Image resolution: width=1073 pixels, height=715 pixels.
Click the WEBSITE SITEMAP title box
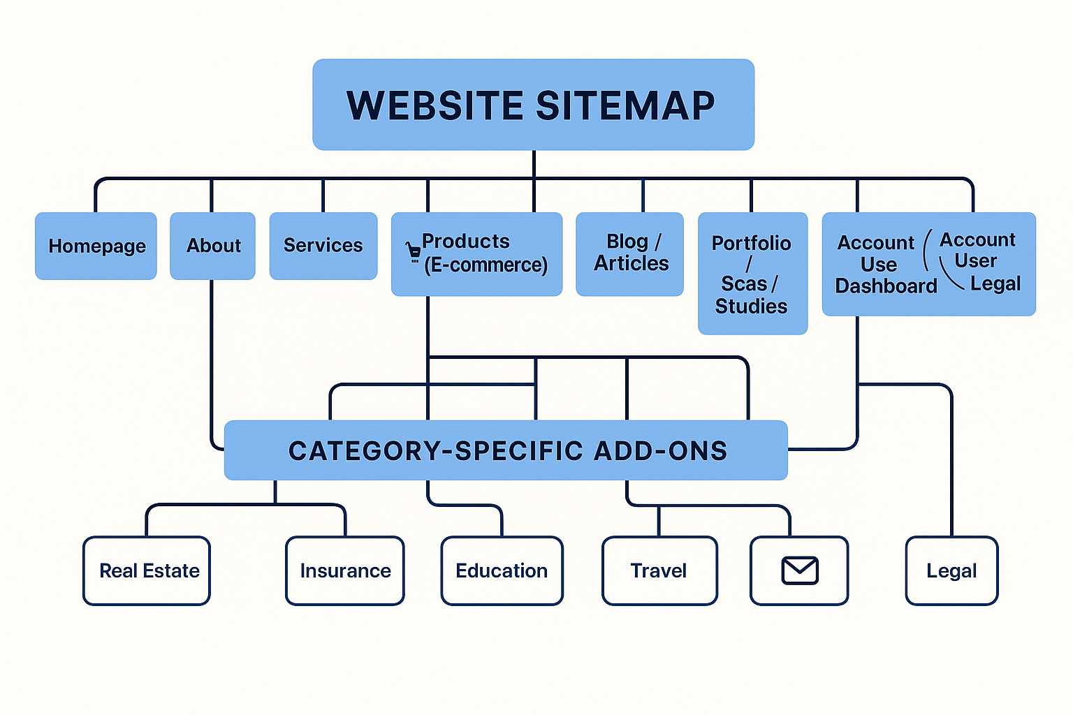tap(533, 105)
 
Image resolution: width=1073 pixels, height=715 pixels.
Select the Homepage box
tap(96, 246)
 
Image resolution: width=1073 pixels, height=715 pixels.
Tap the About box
tap(212, 246)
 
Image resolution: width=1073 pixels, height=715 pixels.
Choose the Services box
tap(323, 246)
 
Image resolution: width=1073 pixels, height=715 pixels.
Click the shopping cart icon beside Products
tap(414, 251)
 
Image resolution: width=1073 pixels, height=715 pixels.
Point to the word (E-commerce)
tap(486, 265)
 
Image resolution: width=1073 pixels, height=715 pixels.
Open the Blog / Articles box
tap(629, 253)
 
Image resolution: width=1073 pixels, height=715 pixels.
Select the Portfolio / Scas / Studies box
tap(752, 274)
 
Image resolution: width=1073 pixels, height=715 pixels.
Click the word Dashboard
tap(886, 286)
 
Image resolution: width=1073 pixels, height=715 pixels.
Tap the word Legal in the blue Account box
tap(995, 283)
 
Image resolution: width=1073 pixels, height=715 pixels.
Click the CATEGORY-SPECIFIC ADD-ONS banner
tap(506, 450)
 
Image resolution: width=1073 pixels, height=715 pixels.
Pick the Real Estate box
tap(147, 570)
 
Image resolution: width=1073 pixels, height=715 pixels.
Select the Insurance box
tap(345, 570)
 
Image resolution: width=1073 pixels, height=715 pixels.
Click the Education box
tap(502, 570)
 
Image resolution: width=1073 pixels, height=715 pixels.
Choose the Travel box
tap(659, 570)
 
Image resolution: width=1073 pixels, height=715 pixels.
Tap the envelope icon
tap(799, 570)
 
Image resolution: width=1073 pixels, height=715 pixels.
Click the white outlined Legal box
tap(951, 570)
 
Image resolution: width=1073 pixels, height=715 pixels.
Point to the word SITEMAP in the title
tap(625, 105)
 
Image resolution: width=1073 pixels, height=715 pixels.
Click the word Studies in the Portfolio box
tap(751, 307)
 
